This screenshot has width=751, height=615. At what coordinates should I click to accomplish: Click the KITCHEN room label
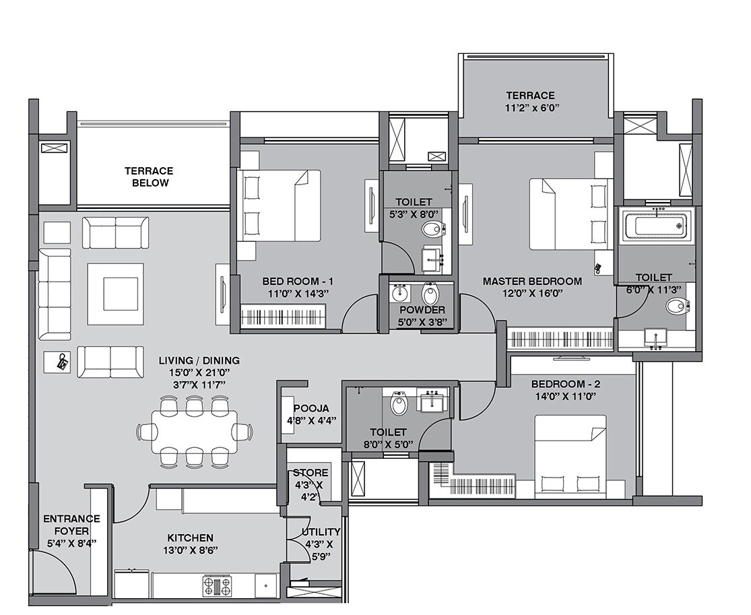[190, 538]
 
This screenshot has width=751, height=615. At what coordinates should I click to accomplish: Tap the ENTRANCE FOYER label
[71, 519]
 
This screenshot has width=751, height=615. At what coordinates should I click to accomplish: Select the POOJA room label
[311, 408]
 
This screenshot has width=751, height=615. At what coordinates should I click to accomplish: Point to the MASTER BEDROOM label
[531, 281]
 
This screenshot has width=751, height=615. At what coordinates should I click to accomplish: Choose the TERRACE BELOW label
[148, 177]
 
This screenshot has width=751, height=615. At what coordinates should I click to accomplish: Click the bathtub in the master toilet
[655, 226]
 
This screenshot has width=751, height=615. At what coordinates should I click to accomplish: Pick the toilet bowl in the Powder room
[429, 294]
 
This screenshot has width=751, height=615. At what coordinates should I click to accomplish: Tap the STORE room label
[310, 473]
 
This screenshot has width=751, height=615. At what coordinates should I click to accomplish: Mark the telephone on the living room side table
[61, 362]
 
